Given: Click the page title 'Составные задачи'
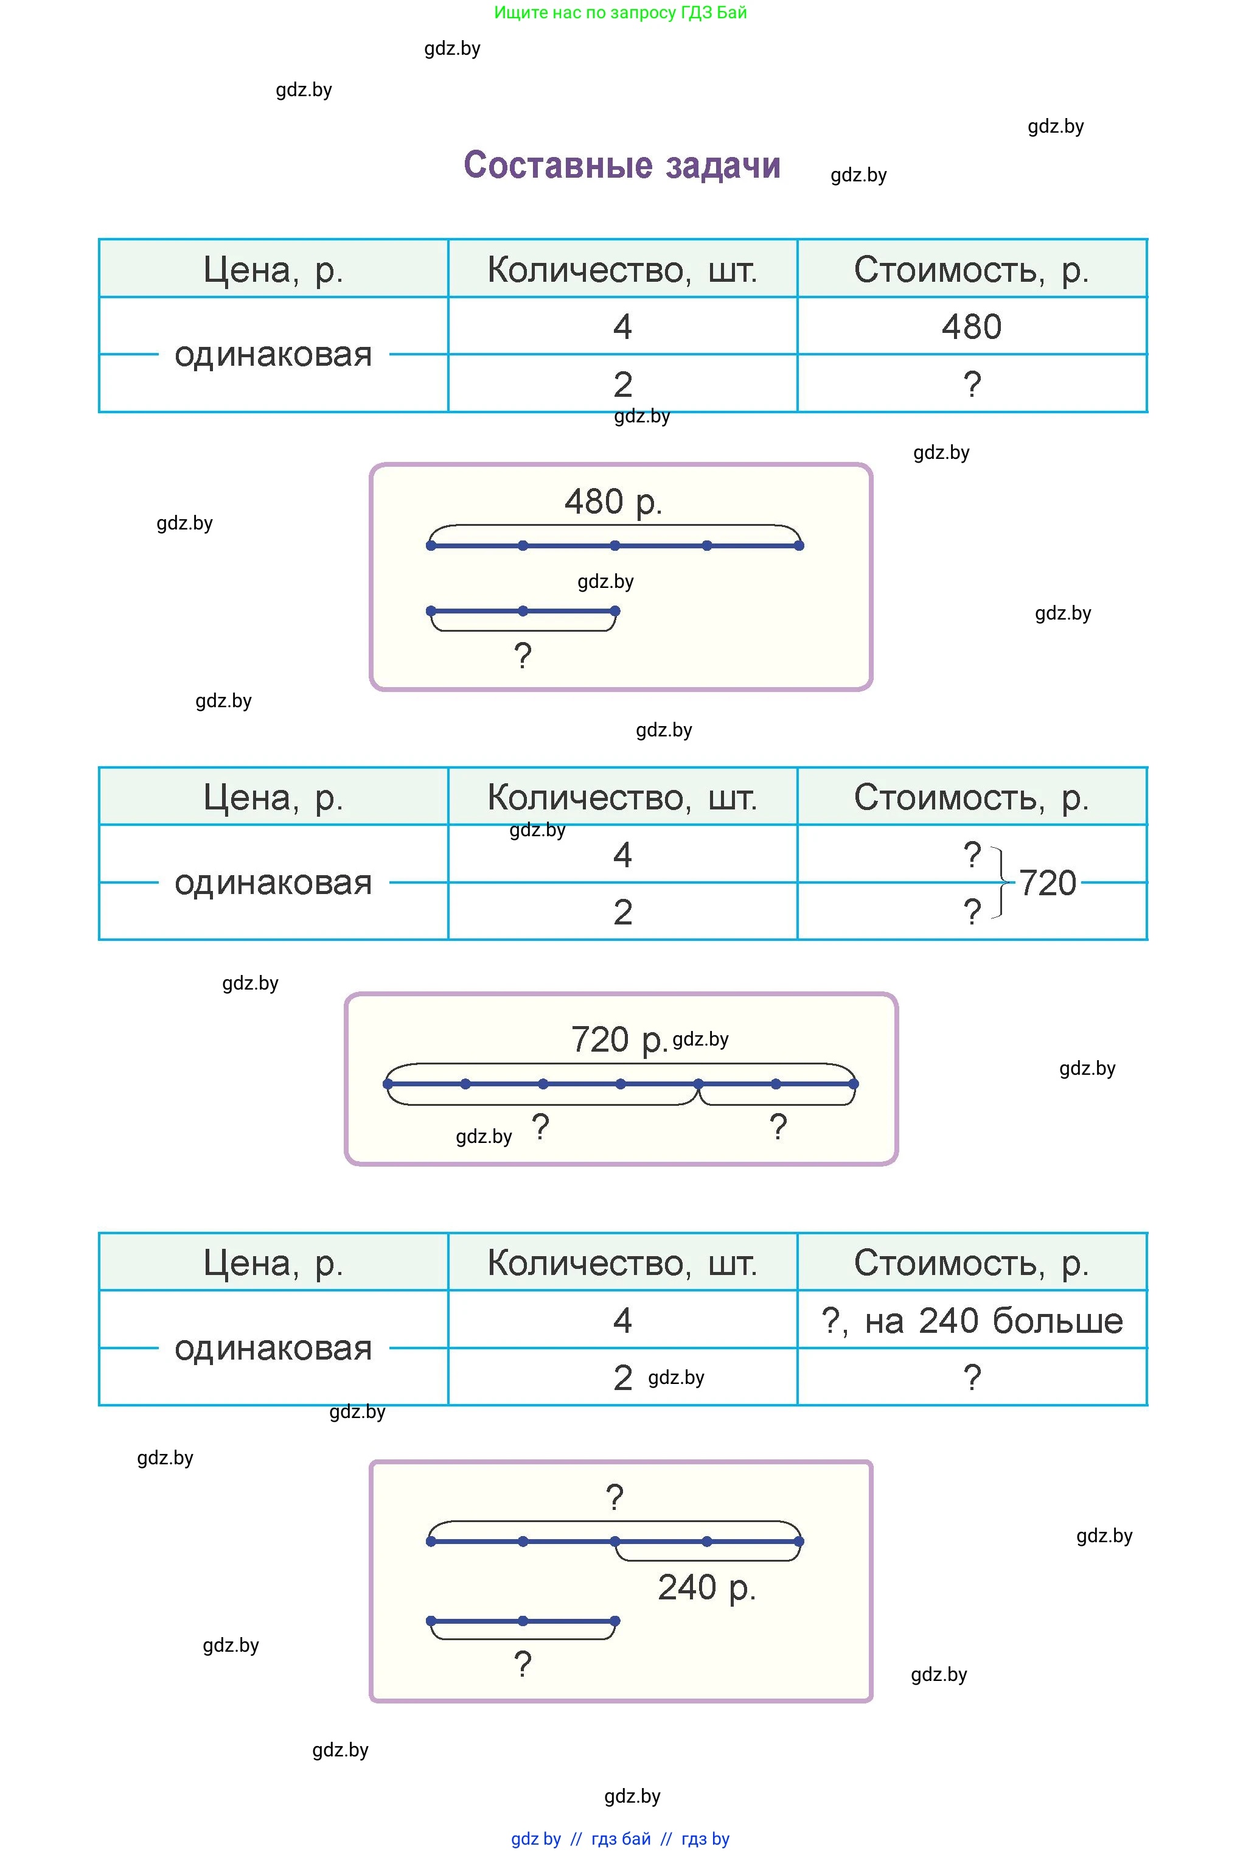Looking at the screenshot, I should (x=622, y=166).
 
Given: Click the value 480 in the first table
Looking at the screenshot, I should (x=971, y=327).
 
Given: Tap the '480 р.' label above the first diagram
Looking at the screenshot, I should (x=613, y=502).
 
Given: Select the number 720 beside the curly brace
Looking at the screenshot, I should (x=1047, y=883).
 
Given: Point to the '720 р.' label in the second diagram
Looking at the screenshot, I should (x=618, y=1039).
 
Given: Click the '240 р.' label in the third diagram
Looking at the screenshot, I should (x=706, y=1588).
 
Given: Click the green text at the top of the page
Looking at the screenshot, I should (x=620, y=13).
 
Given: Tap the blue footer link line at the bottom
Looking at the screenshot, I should (x=620, y=1839).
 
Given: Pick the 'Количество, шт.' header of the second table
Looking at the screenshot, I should (x=622, y=797).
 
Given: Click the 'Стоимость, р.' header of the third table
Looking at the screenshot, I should (x=971, y=1263).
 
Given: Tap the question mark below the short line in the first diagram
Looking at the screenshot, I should (x=523, y=655).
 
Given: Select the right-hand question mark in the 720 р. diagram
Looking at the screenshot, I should (x=778, y=1127).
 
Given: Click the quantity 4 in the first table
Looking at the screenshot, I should (x=622, y=327).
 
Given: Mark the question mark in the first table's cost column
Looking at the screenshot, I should (x=972, y=385).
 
